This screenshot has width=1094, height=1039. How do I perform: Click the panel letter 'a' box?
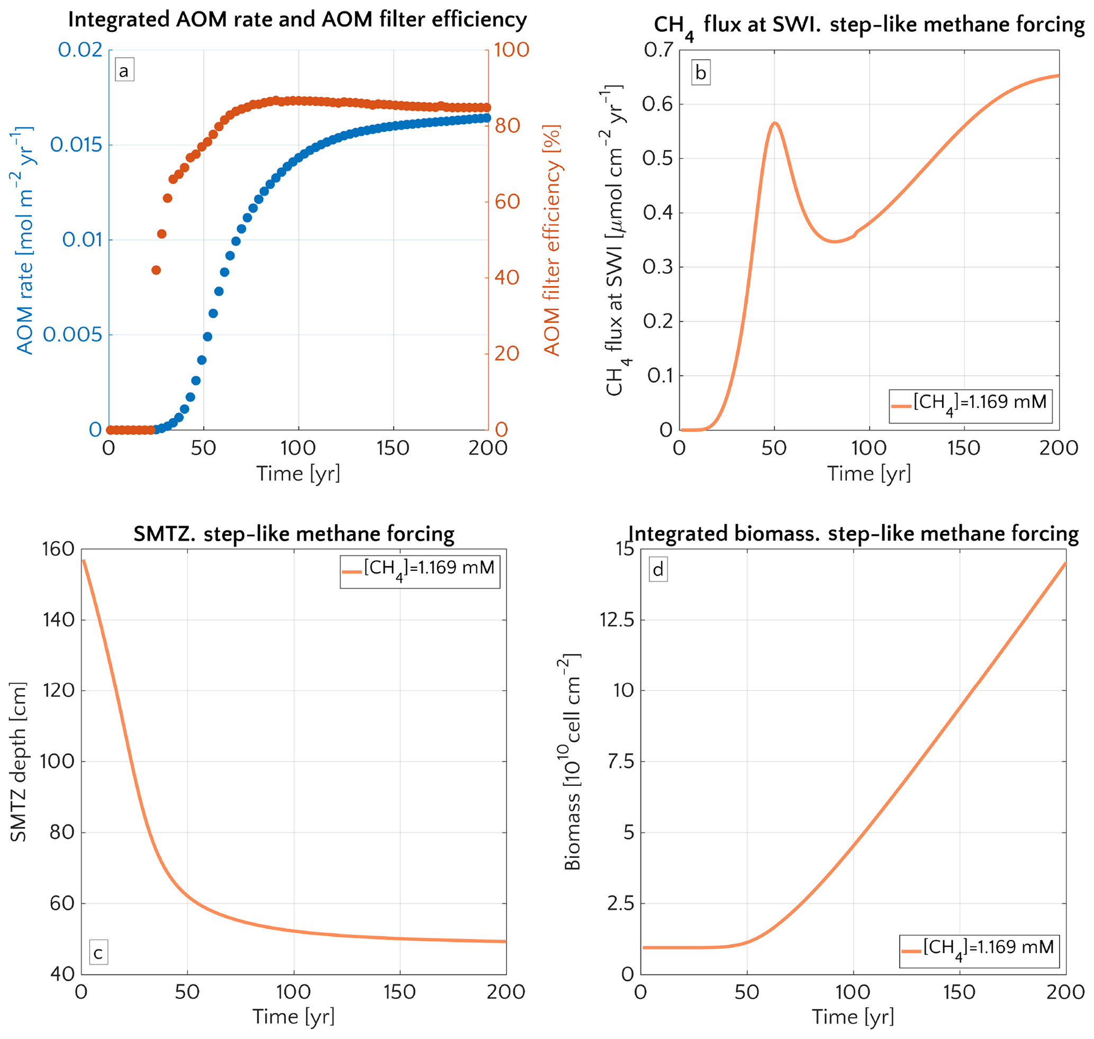click(124, 71)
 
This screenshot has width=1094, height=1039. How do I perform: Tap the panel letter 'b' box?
click(700, 73)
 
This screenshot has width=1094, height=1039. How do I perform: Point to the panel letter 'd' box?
click(658, 570)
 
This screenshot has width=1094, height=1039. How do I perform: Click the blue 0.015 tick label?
click(76, 145)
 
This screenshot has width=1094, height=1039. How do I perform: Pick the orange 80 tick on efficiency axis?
click(507, 126)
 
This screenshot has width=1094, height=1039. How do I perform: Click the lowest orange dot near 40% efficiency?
click(156, 270)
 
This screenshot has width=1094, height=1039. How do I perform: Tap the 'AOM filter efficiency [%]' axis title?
click(552, 241)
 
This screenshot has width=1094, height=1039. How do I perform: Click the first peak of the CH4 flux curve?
click(775, 123)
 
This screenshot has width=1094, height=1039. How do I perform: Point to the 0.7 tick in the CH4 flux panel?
click(658, 50)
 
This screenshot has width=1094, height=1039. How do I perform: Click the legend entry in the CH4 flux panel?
click(970, 406)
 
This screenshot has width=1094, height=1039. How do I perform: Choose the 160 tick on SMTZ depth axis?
click(58, 549)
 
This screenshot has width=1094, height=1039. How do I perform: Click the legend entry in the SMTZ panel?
click(420, 571)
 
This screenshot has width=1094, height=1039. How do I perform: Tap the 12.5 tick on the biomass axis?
click(617, 620)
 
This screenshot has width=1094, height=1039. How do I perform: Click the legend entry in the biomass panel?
click(979, 952)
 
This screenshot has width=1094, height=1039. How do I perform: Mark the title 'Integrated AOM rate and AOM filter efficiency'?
click(297, 20)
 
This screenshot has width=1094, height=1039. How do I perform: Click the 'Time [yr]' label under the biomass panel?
click(853, 1016)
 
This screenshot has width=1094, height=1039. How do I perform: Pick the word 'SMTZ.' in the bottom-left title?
click(165, 534)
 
